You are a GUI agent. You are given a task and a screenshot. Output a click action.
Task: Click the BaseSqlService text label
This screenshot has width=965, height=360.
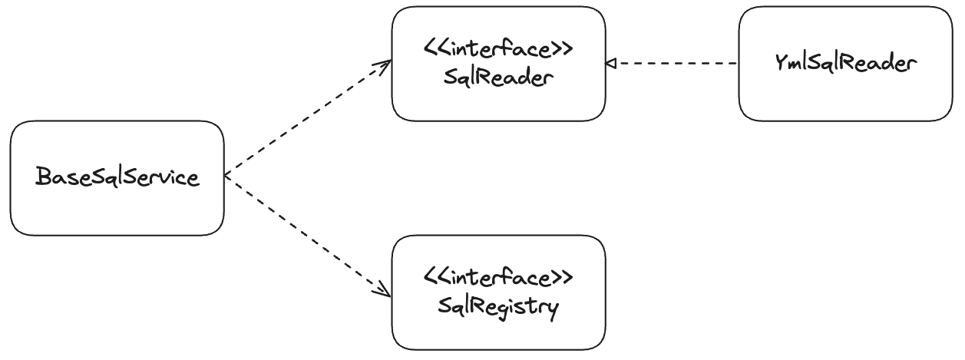point(117,178)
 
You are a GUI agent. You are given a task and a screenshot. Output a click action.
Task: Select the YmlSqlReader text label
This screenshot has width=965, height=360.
point(845,64)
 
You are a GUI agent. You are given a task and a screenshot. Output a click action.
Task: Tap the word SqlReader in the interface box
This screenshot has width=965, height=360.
point(498,78)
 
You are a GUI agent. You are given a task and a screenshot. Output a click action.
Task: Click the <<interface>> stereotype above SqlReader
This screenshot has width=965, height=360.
point(498,50)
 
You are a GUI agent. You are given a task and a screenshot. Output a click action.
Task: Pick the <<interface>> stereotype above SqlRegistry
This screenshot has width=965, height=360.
point(498,277)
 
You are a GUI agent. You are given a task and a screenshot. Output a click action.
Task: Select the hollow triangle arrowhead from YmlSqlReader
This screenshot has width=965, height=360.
point(610,64)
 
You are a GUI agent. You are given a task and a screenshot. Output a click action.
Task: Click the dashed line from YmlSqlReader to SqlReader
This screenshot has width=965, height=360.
point(676,64)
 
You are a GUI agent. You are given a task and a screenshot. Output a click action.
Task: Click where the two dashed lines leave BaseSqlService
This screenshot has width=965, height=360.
point(226,177)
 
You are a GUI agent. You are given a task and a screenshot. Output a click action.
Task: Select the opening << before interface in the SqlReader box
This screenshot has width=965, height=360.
point(435,50)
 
